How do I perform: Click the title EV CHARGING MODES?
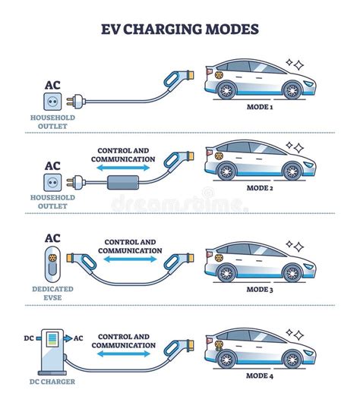[x=180, y=29]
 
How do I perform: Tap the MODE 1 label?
[x=260, y=107]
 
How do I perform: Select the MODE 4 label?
[x=260, y=375]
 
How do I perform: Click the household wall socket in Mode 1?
[x=52, y=102]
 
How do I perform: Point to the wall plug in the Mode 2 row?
[x=76, y=183]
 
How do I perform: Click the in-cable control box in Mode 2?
[x=123, y=183]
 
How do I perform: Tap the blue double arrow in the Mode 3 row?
[x=130, y=259]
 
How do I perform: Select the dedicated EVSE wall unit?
[x=52, y=264]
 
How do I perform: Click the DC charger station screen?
[x=52, y=340]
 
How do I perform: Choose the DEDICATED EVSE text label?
[x=52, y=293]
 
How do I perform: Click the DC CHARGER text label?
[x=52, y=382]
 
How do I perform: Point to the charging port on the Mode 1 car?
[x=219, y=75]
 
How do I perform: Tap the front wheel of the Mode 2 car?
[x=292, y=171]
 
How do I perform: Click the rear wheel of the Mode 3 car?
[x=226, y=273]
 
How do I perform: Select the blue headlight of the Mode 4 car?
[x=309, y=353]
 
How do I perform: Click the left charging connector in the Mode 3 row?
[x=81, y=262]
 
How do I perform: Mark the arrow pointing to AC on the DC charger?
[x=68, y=338]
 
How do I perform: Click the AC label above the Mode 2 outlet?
[x=52, y=166]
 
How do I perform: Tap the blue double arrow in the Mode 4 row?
[x=124, y=353]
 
